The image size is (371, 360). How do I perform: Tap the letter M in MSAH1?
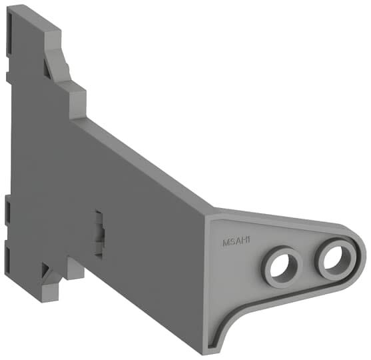[226, 244]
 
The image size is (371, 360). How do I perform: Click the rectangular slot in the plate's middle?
[99, 233]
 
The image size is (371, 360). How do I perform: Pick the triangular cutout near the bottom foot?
[47, 272]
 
